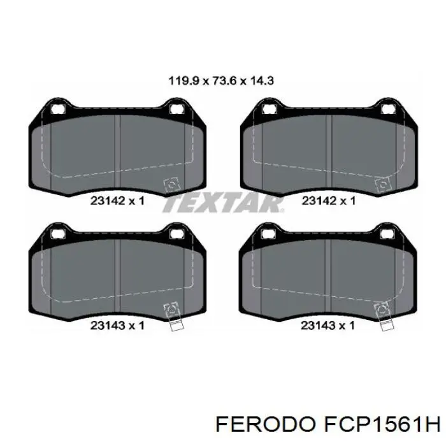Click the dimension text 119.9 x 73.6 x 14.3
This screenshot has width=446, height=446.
[x=221, y=81]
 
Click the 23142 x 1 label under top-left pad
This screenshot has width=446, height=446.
[x=117, y=201]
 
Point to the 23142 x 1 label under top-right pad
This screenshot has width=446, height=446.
[x=329, y=201]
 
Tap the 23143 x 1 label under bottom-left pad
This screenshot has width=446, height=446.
[x=117, y=325]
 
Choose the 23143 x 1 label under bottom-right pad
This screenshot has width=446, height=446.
[x=327, y=325]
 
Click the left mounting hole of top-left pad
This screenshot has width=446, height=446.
[x=58, y=109]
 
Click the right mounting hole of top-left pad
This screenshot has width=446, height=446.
[x=177, y=109]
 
